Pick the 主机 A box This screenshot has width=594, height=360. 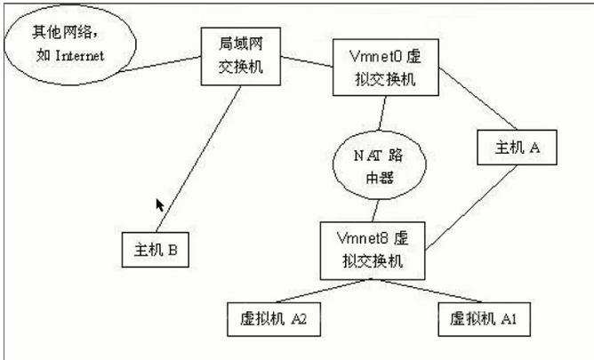coord(516,148)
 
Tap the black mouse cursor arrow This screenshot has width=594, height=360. coord(160,206)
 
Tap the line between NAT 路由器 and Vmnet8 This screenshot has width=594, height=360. coord(377,210)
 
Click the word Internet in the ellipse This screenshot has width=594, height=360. coord(80,55)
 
